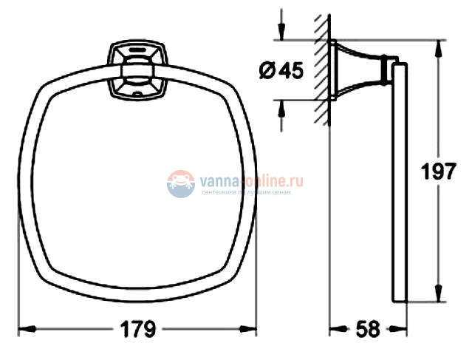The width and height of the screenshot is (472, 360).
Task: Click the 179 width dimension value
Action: pyautogui.click(x=138, y=330)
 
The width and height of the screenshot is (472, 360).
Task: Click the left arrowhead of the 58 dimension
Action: pyautogui.click(x=334, y=327)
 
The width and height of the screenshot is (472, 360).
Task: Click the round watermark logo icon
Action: pyautogui.click(x=180, y=183)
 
